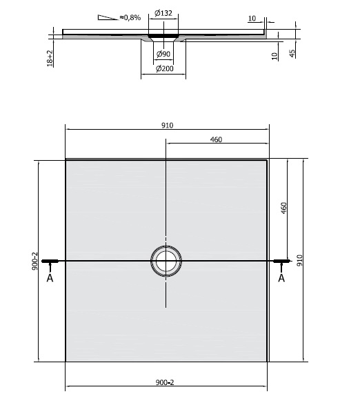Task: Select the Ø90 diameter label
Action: click(x=163, y=54)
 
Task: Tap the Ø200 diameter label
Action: click(x=163, y=68)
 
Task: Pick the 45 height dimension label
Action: click(x=292, y=54)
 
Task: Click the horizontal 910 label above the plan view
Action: click(x=166, y=125)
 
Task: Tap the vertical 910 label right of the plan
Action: click(x=299, y=259)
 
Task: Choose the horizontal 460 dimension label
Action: click(x=216, y=140)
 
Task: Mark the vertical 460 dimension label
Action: click(x=283, y=209)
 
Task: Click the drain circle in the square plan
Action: click(x=166, y=261)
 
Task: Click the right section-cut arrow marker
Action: click(x=281, y=261)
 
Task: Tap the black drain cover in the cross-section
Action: click(x=163, y=32)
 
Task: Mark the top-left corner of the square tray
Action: click(x=66, y=160)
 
